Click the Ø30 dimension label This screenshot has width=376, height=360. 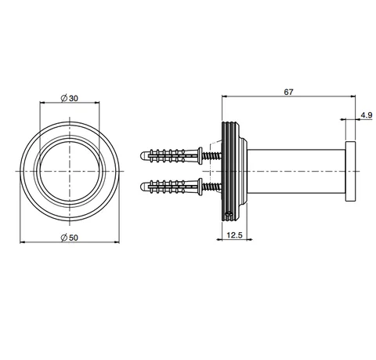pyautogui.click(x=70, y=98)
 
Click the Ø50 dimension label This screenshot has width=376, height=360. pyautogui.click(x=70, y=238)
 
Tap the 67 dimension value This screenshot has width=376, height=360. pyautogui.click(x=288, y=92)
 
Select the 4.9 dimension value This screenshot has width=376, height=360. pyautogui.click(x=367, y=115)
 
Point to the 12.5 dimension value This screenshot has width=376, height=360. pyautogui.click(x=234, y=235)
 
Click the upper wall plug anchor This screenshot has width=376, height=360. pyautogui.click(x=172, y=156)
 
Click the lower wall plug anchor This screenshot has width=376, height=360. pyautogui.click(x=172, y=187)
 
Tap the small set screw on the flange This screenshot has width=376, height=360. pyautogui.click(x=229, y=214)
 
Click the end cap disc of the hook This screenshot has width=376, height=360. pyautogui.click(x=350, y=171)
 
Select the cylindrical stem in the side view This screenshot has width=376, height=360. pyautogui.click(x=296, y=171)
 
